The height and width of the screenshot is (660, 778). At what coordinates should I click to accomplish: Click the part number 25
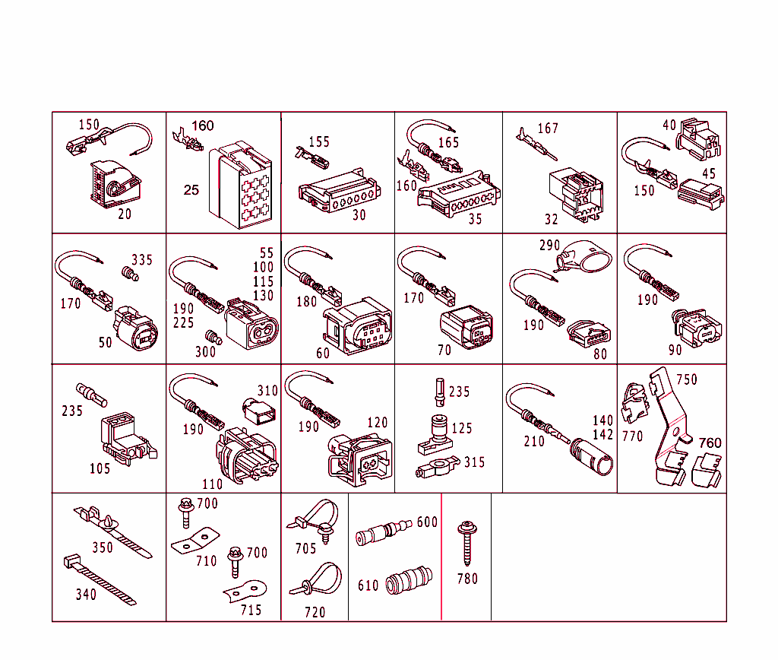pyautogui.click(x=191, y=190)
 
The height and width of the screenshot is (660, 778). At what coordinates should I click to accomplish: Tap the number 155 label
pyautogui.click(x=319, y=142)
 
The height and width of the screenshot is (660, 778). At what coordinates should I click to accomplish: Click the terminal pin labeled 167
pyautogui.click(x=536, y=145)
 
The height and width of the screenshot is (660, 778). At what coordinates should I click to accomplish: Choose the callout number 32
pyautogui.click(x=552, y=220)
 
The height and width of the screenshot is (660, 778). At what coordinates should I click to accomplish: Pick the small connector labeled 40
pyautogui.click(x=698, y=139)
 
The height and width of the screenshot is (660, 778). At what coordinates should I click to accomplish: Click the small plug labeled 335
pyautogui.click(x=130, y=273)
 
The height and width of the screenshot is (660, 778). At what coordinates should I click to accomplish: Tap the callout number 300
pyautogui.click(x=205, y=352)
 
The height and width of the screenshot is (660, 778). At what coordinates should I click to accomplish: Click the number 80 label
pyautogui.click(x=600, y=354)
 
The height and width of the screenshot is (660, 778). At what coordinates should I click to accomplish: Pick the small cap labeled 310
pyautogui.click(x=258, y=411)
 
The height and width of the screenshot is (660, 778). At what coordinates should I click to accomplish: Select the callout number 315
pyautogui.click(x=474, y=462)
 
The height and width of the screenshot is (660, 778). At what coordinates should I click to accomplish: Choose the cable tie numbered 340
pyautogui.click(x=100, y=580)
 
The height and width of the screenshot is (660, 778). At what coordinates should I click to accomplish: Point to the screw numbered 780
pyautogui.click(x=467, y=544)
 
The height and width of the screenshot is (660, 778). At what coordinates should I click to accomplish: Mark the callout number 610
pyautogui.click(x=368, y=586)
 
